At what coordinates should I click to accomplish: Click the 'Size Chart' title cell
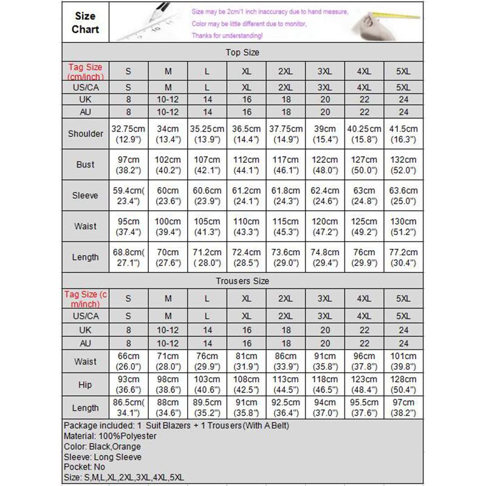pos(85,22)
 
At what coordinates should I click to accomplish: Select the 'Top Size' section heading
pos(242,52)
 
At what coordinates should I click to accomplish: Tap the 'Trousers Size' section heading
pos(242,281)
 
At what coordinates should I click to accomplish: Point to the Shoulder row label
pos(85,134)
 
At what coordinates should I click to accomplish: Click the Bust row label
pos(85,165)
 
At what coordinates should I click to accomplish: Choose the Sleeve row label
pos(85,196)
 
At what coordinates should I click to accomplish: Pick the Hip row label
pos(85,385)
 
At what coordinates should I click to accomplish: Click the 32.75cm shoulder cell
pos(128,134)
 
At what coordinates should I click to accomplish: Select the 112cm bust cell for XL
pos(246,165)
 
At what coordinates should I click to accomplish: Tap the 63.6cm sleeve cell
pos(403,196)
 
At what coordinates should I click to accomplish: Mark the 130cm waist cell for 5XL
pos(403,227)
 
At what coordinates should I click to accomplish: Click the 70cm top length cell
pos(168,258)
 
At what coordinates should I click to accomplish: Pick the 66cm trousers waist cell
pos(128,361)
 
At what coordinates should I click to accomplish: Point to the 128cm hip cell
pos(403,385)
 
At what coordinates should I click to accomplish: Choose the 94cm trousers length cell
pos(324,408)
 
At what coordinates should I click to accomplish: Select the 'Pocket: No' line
pos(86,467)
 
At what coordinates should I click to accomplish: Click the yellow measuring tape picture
pos(389,23)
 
